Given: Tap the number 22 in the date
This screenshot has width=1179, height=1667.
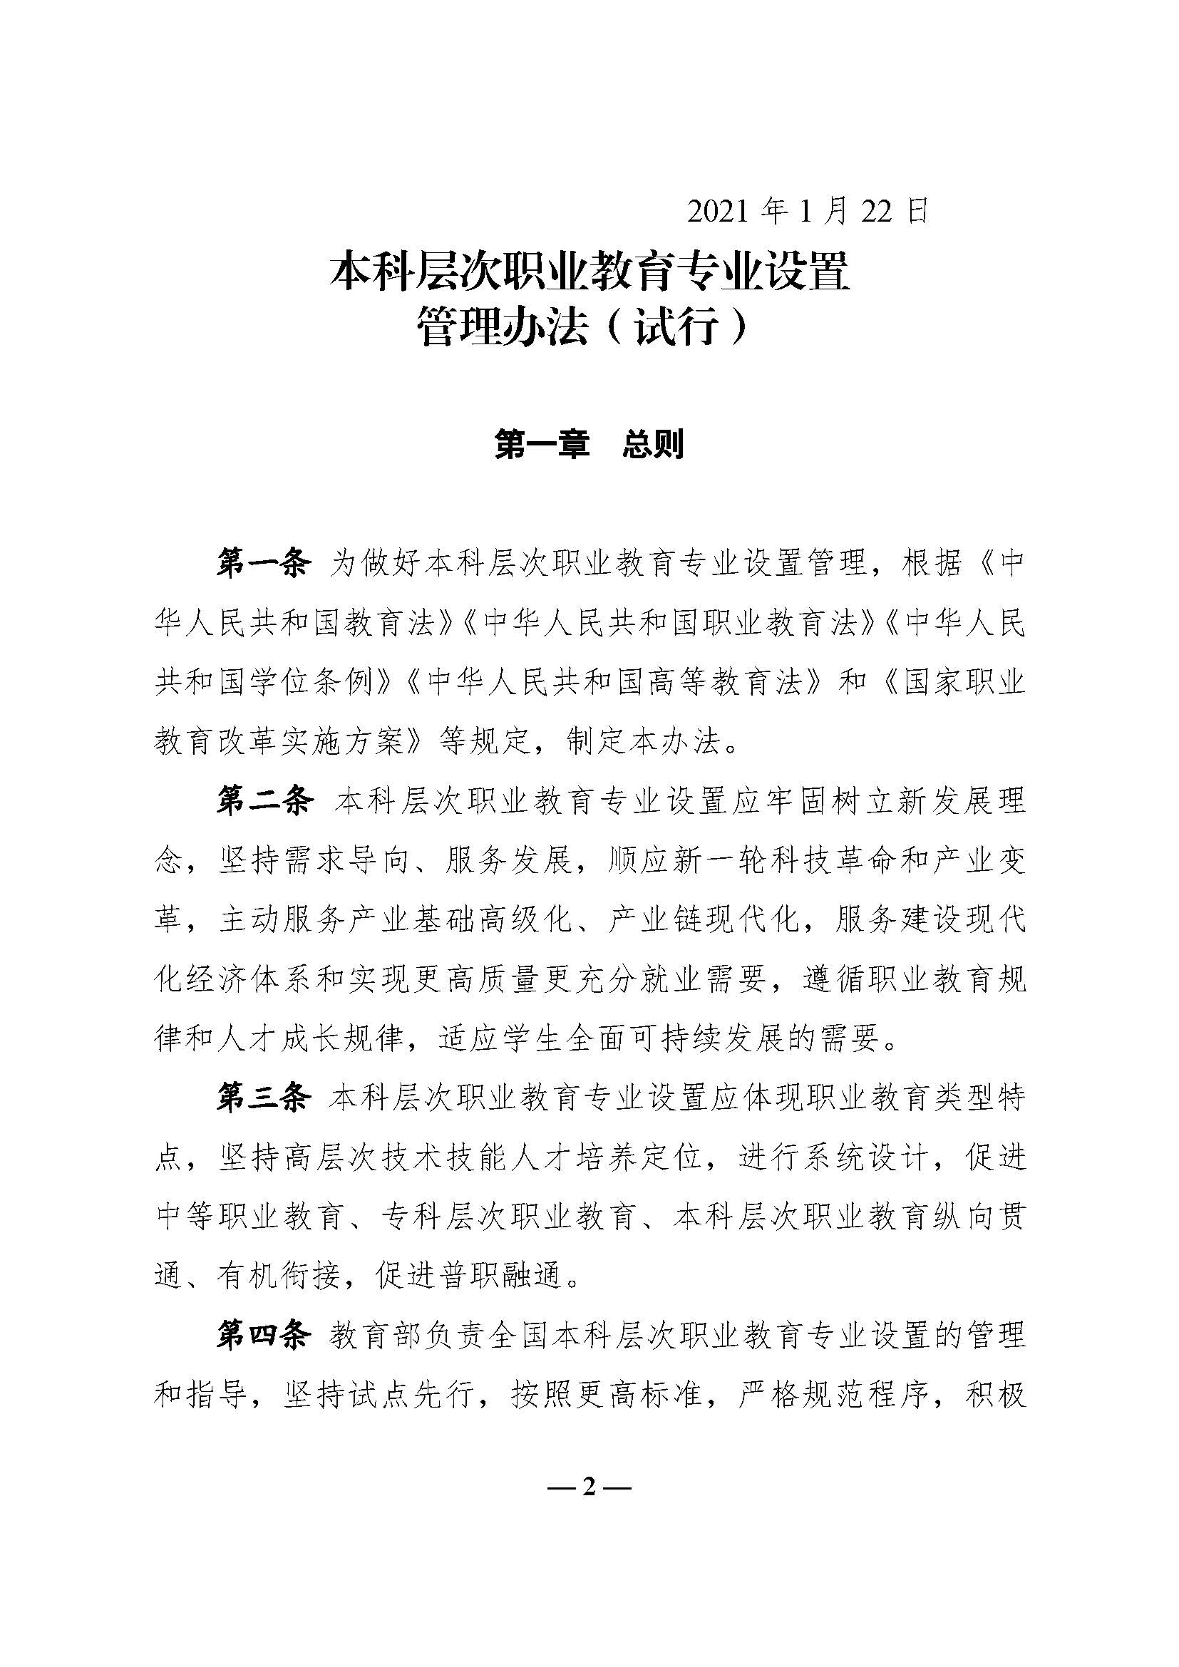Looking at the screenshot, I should click(x=877, y=212).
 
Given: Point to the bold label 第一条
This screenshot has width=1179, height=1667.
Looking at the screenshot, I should click(x=264, y=563).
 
